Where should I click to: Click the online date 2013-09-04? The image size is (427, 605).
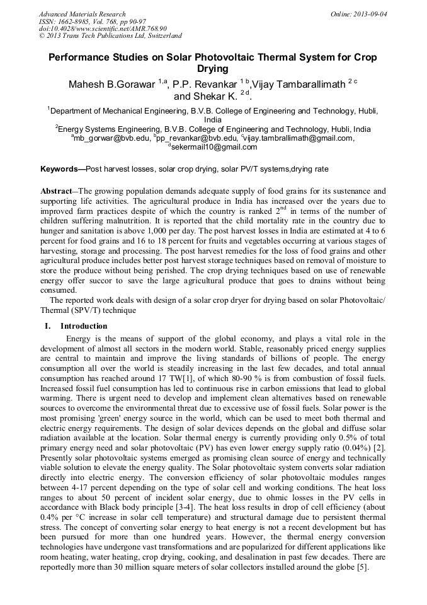[x=370, y=14]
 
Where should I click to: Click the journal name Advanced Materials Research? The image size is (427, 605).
[x=83, y=14]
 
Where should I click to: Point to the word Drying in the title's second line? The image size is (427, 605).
[x=213, y=69]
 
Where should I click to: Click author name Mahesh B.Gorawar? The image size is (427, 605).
[x=112, y=85]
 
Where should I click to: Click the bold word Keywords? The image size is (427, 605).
[x=59, y=169]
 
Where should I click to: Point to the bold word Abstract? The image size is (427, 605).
[x=57, y=191]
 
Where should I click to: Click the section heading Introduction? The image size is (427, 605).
[x=84, y=326]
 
